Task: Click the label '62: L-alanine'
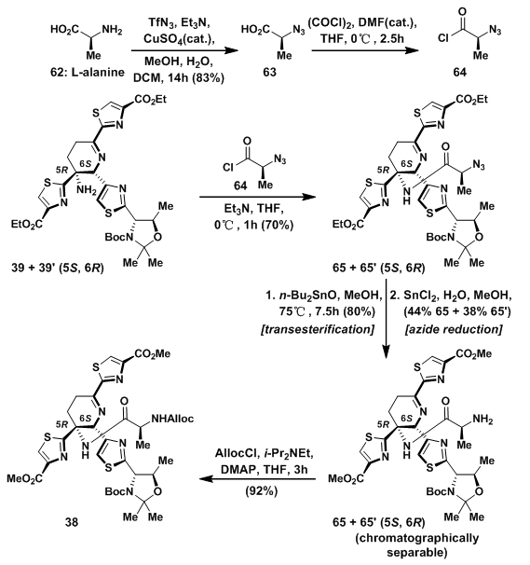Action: coord(88,73)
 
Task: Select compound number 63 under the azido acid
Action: coord(269,73)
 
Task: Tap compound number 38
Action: coord(72,522)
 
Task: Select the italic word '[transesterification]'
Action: coord(318,329)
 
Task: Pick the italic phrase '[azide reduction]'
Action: coord(454,329)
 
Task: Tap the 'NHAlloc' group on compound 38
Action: coord(172,419)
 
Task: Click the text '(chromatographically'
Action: coord(417,538)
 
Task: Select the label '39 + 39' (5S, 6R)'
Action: coord(58,269)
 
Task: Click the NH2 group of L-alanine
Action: coord(112,30)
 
